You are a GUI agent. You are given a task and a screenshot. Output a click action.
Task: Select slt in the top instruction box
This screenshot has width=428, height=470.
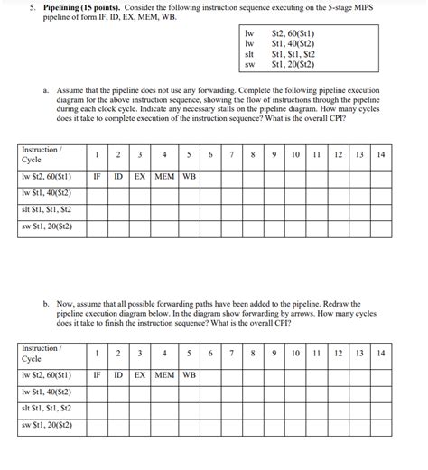click(x=250, y=54)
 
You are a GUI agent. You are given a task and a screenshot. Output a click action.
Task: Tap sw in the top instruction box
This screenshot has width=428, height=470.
click(x=250, y=64)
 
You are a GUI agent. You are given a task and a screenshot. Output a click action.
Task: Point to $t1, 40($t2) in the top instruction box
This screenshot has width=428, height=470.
click(x=293, y=44)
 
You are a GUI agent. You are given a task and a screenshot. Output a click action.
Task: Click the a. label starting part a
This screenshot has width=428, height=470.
click(x=46, y=92)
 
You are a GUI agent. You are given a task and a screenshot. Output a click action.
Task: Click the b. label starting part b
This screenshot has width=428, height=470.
click(x=46, y=305)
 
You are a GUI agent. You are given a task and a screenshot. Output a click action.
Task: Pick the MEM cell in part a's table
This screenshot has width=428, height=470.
click(x=164, y=177)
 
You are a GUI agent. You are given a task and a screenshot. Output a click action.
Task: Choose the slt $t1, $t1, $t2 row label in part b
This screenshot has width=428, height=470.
click(x=48, y=407)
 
